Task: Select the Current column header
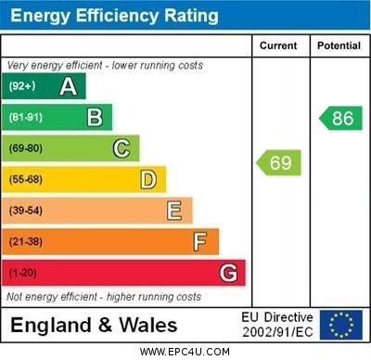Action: tap(278, 45)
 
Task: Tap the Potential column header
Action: tap(339, 45)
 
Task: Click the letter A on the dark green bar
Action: tap(68, 86)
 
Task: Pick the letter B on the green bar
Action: tap(95, 117)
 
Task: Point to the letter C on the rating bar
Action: tap(121, 148)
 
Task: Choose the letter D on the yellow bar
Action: tap(147, 179)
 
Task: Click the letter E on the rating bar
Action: tap(173, 211)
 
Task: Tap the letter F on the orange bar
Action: tap(199, 242)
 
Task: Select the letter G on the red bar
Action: tap(228, 273)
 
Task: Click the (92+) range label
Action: tap(22, 86)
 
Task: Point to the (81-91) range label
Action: tap(26, 118)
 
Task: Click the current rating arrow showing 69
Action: tap(278, 163)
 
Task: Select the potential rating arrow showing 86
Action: tap(340, 118)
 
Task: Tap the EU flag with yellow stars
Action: tap(340, 325)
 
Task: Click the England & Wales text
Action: tap(94, 326)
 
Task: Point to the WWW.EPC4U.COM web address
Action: tap(185, 352)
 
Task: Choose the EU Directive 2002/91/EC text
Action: tap(277, 325)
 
